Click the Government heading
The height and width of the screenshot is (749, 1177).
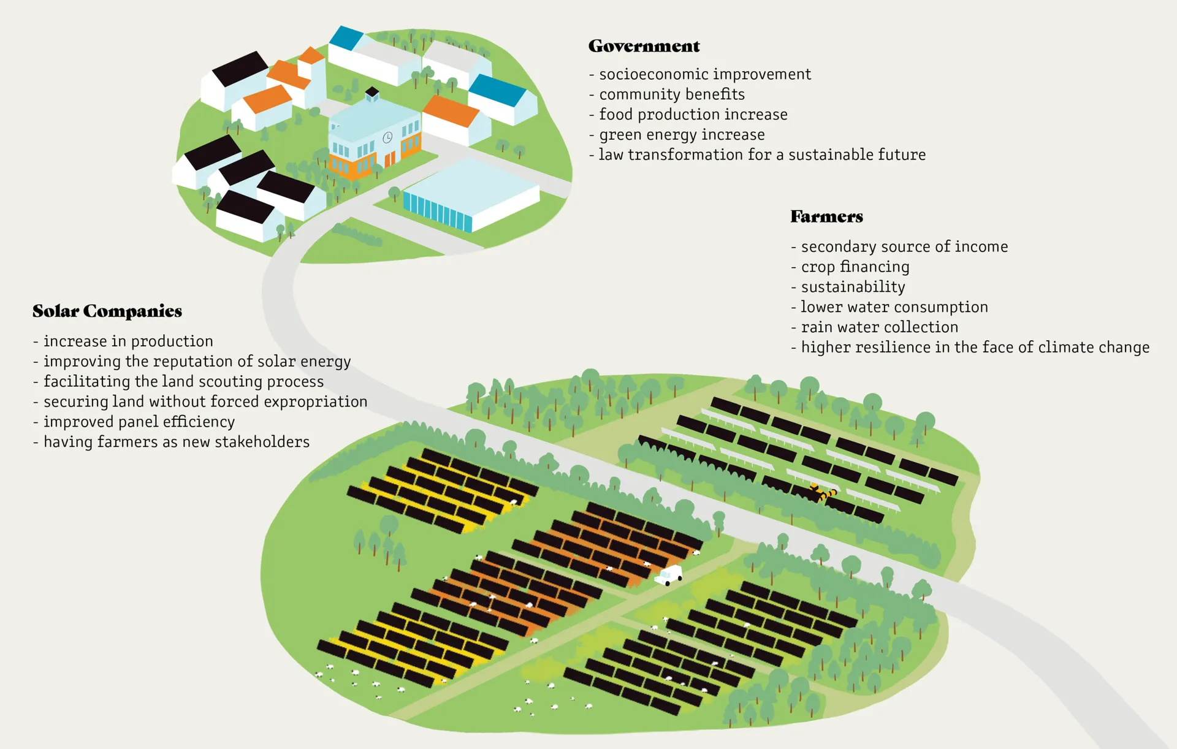[644, 46]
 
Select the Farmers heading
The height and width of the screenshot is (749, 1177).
[826, 216]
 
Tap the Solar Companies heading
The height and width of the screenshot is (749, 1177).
[107, 311]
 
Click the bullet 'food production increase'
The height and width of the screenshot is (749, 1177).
[693, 115]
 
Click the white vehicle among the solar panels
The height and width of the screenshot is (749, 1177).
[669, 575]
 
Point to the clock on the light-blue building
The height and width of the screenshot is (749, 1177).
[387, 137]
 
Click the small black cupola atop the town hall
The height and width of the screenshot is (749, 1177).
[372, 94]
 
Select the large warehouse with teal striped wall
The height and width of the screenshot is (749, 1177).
[471, 195]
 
